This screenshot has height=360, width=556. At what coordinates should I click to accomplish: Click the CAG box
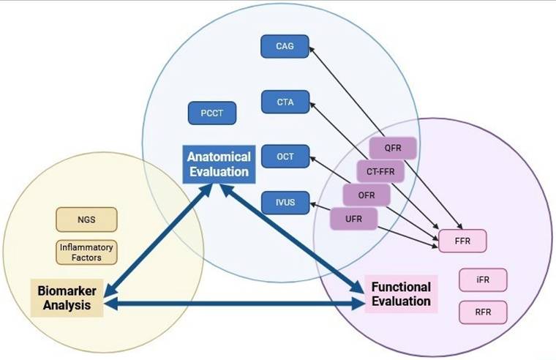pos(285,47)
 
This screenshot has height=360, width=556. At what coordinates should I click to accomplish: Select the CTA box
pos(285,102)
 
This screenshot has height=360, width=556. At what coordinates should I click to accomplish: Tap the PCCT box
pos(211,113)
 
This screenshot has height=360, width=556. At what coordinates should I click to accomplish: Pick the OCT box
pos(285,156)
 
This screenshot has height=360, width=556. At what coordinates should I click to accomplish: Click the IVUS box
pos(285,202)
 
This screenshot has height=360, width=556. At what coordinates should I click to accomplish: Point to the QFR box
pos(394,148)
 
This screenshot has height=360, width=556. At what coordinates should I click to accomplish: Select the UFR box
pos(353,218)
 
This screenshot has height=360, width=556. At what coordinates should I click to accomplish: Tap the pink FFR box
pos(462,240)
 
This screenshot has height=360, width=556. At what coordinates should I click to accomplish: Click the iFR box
pos(482,280)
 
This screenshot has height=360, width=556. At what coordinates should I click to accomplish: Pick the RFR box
pos(482,312)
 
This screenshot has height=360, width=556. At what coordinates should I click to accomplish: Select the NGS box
pos(86,219)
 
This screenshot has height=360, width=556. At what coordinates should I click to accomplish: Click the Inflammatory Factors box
pos(86,252)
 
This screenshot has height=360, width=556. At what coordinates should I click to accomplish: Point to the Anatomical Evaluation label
pos(218,164)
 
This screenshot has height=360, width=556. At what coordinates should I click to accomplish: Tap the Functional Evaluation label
pos(401,294)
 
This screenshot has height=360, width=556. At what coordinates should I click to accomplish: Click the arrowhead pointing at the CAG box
pos(312,50)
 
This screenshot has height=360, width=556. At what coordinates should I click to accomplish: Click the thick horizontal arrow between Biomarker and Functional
pos(234,304)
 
